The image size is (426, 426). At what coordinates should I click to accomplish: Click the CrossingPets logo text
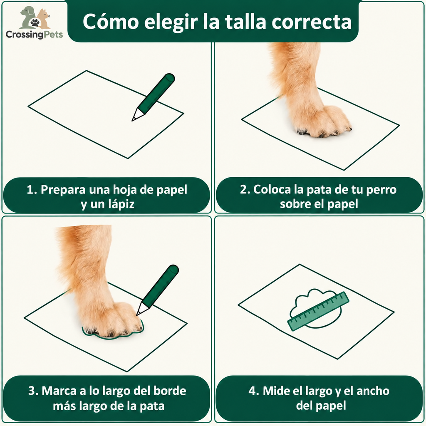point(34,35)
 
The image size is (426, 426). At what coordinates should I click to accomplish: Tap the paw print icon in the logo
point(35,22)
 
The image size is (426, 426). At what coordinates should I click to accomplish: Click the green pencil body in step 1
point(156,92)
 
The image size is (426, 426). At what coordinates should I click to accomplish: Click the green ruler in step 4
point(318,311)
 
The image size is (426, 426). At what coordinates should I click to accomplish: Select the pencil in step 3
point(157,290)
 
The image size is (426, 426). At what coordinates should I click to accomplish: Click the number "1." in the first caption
point(32,190)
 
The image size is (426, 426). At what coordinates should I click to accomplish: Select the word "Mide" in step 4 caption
point(274,391)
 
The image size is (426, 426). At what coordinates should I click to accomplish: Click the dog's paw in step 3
point(111,321)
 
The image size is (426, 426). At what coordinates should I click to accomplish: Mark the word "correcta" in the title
point(312,22)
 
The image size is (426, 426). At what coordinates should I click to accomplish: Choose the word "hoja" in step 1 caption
point(124,190)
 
